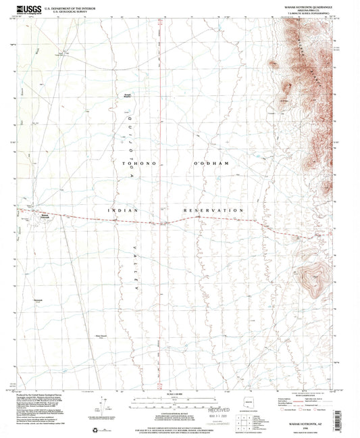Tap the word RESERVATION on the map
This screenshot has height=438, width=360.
coord(213,211)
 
